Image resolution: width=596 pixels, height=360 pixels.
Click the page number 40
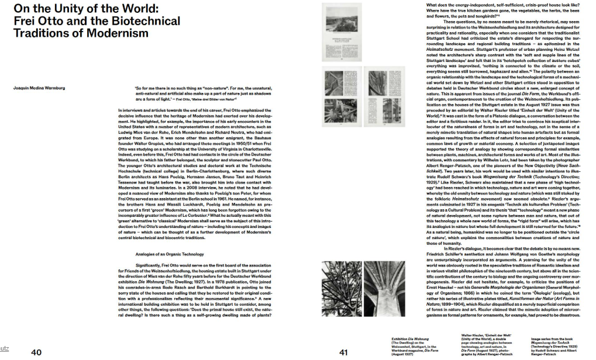pos(36,352)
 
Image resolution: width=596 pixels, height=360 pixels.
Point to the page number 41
pos(343,352)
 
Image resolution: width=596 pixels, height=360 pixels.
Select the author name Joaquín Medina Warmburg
pos(39,88)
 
